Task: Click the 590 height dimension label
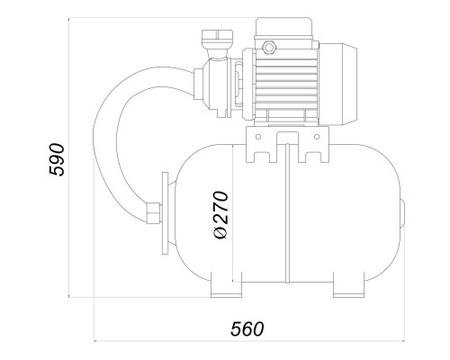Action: click(57, 159)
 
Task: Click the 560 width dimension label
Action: click(247, 328)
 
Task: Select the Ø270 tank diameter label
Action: click(221, 214)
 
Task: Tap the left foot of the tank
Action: click(226, 284)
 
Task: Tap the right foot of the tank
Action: click(349, 284)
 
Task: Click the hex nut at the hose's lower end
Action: click(153, 213)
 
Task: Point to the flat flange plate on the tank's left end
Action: click(165, 213)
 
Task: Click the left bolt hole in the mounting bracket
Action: click(258, 137)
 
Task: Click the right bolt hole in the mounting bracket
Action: click(317, 137)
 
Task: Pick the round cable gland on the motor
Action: click(268, 47)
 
